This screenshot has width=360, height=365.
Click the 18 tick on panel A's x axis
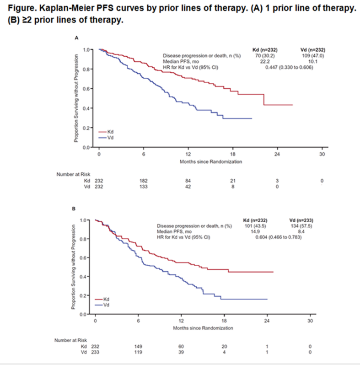pyautogui.click(x=233, y=154)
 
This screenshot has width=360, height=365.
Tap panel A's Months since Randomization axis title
pyautogui.click(x=211, y=161)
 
